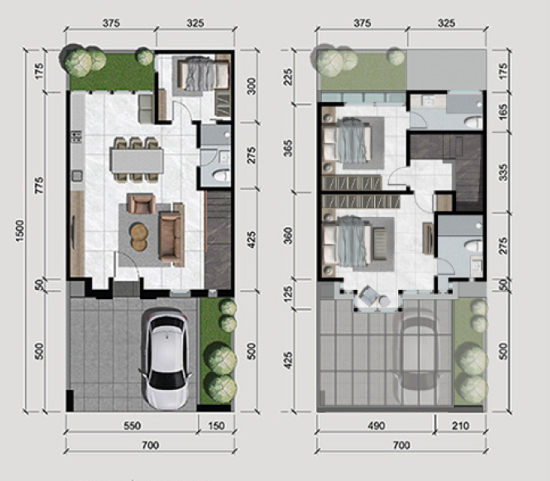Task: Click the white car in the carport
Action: click(x=166, y=360)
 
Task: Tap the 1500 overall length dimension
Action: click(x=20, y=231)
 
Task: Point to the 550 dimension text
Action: click(x=132, y=426)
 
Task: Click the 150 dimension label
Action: click(x=216, y=426)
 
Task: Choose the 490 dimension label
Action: click(x=376, y=426)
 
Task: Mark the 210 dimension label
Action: click(x=460, y=426)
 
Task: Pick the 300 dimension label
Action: click(x=252, y=85)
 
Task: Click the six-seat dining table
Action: click(x=136, y=160)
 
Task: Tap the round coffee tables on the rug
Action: click(x=139, y=237)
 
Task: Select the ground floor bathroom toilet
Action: click(x=220, y=175)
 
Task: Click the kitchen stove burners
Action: click(x=76, y=137)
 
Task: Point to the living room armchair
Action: click(x=141, y=204)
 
